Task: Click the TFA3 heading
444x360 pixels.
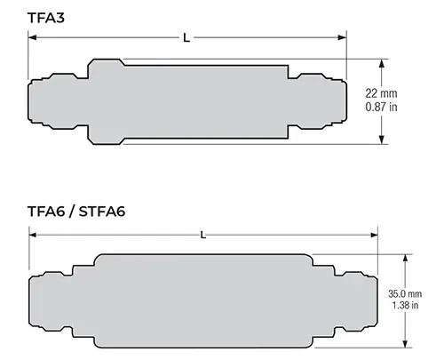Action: click(46, 18)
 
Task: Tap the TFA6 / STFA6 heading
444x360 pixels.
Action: click(76, 212)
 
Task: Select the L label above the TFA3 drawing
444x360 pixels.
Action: click(186, 38)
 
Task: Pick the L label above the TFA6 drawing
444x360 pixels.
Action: click(203, 236)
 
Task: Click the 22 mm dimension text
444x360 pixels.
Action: click(381, 93)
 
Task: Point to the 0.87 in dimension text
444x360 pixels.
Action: click(381, 107)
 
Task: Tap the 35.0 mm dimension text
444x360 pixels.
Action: click(405, 294)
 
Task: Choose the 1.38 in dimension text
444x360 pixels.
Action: click(405, 305)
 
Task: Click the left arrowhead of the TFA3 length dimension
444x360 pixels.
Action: click(32, 37)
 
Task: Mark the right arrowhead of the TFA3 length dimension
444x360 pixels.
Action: click(342, 37)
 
